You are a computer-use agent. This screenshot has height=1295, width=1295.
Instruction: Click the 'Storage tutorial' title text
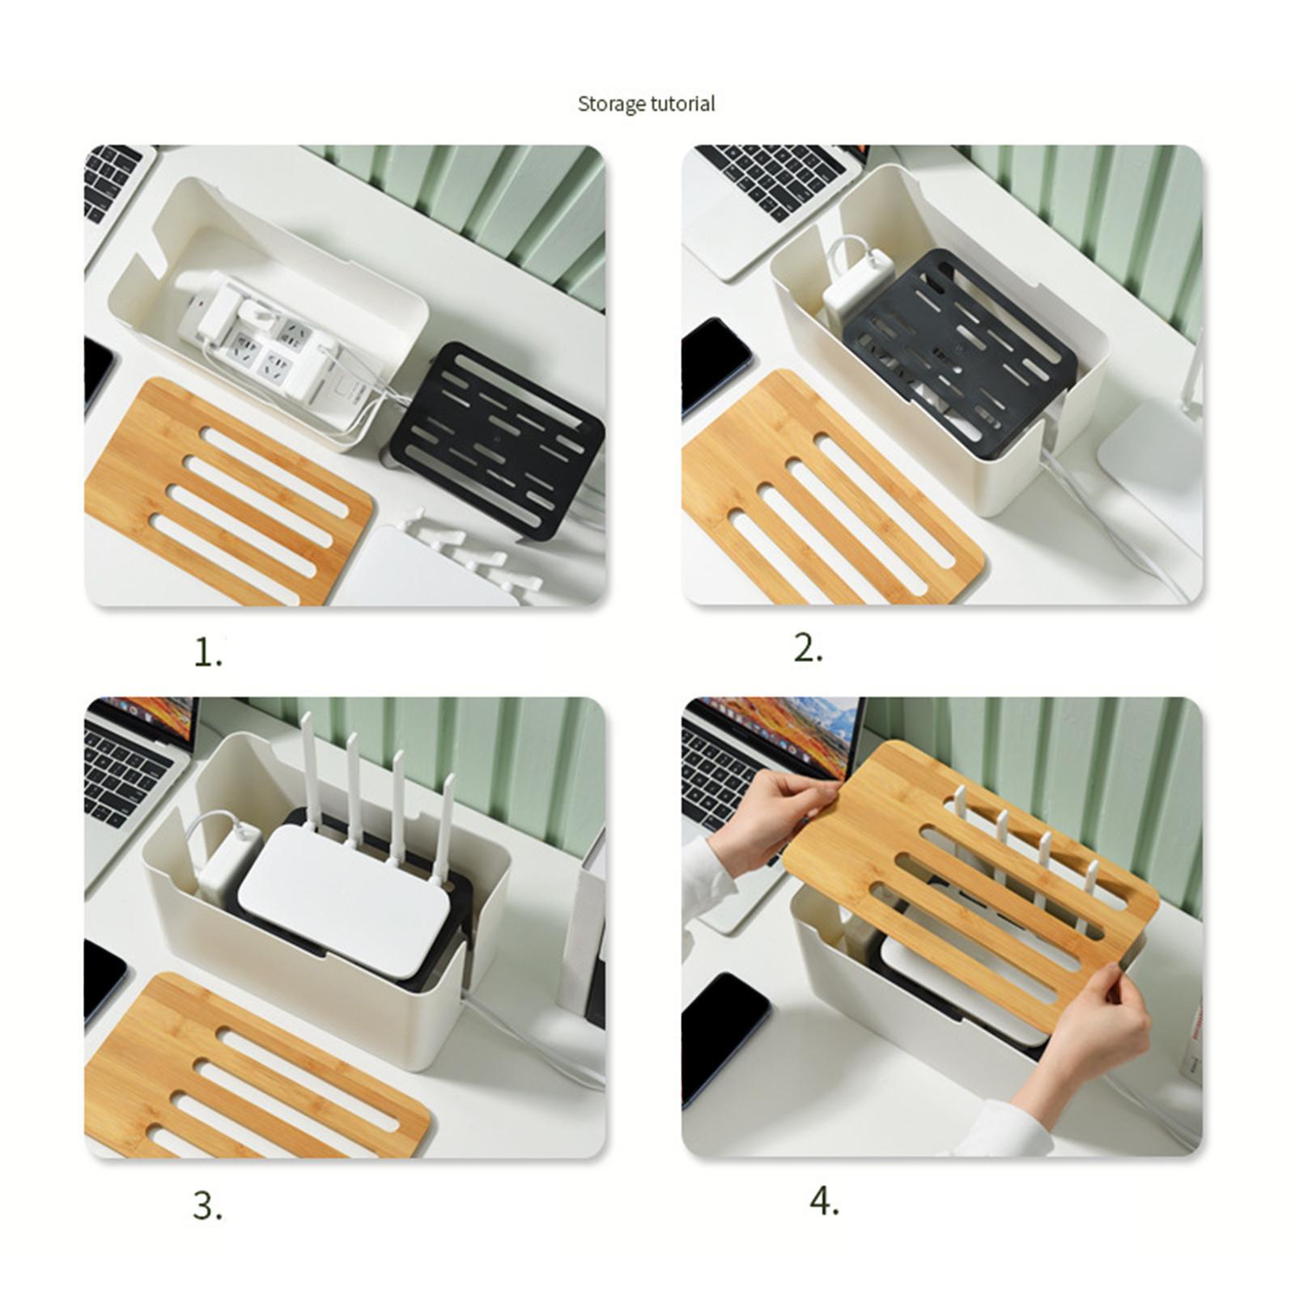pyautogui.click(x=646, y=104)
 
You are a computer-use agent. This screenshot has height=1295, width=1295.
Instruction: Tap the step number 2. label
pyautogui.click(x=808, y=649)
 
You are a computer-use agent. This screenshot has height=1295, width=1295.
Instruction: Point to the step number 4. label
pyautogui.click(x=824, y=1201)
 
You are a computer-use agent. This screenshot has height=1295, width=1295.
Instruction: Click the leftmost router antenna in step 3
pyautogui.click(x=311, y=769)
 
